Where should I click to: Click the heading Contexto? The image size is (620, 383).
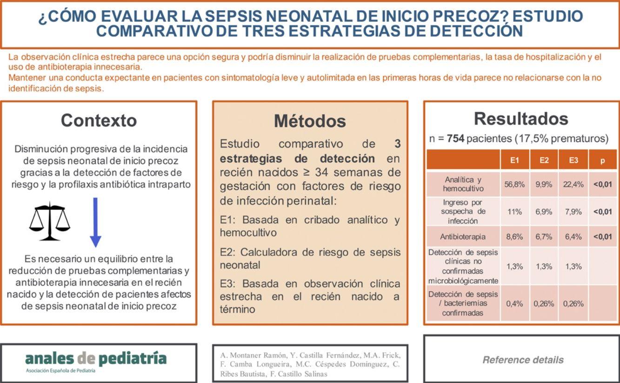[99, 121]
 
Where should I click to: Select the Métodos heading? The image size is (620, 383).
[310, 121]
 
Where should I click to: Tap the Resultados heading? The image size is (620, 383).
[521, 119]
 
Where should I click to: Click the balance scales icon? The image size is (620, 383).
[50, 221]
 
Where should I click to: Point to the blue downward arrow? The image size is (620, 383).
[95, 222]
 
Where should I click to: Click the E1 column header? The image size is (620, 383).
[514, 160]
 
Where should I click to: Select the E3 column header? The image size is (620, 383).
[573, 160]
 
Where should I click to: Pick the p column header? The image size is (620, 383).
[602, 160]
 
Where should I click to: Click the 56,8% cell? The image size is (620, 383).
[514, 184]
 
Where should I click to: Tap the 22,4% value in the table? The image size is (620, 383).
[573, 184]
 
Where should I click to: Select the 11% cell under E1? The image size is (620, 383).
[514, 212]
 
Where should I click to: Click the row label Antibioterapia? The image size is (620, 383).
[462, 237]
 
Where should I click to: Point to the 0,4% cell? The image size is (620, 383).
[514, 303]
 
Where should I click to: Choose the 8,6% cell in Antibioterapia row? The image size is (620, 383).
[514, 237]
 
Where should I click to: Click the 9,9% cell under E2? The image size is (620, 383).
[544, 184]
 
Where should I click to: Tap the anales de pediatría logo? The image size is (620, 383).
[95, 359]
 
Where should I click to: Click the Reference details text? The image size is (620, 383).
[523, 360]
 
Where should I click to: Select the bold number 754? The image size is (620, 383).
[455, 139]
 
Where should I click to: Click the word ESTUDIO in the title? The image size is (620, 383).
[547, 16]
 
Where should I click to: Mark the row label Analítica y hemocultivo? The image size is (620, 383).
[462, 184]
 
